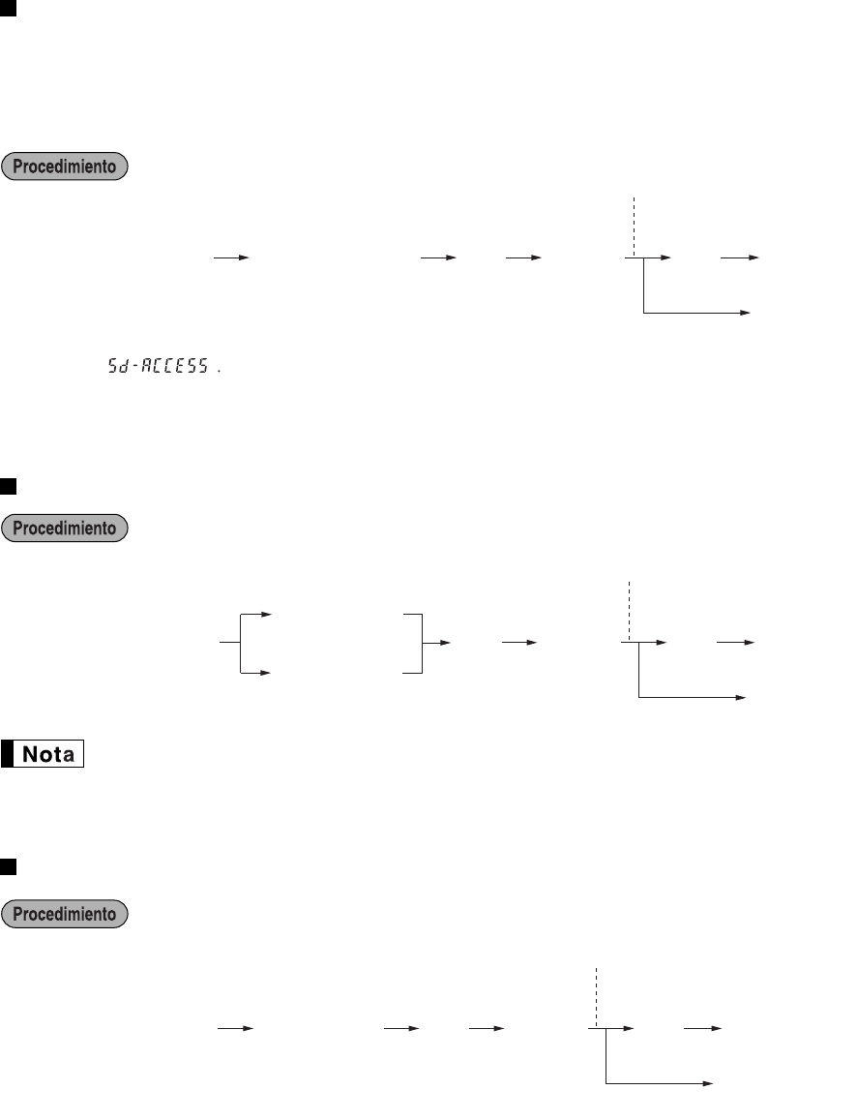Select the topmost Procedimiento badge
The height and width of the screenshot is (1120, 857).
click(x=66, y=166)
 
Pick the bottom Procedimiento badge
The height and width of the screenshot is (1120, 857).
click(x=66, y=913)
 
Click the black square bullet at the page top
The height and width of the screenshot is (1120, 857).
click(x=9, y=8)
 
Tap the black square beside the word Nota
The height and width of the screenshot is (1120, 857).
click(x=12, y=754)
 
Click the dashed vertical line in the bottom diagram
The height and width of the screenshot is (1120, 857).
click(x=597, y=997)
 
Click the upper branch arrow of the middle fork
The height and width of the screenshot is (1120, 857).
click(x=257, y=614)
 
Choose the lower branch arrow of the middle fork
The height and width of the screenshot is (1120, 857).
click(x=257, y=672)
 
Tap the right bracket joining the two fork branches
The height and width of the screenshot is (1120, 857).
click(x=420, y=643)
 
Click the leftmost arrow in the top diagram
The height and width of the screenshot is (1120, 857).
click(x=231, y=258)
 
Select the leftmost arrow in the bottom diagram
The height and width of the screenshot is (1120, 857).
click(x=233, y=1029)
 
